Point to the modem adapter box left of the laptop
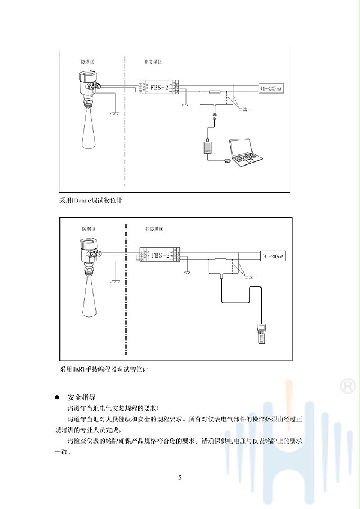coord(211,146)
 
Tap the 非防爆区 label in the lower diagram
coord(153,229)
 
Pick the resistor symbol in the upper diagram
coord(215,91)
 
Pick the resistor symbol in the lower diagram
coord(220,259)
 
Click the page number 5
coord(179,478)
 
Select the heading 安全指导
coord(81,397)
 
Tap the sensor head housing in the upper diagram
coord(88,79)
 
